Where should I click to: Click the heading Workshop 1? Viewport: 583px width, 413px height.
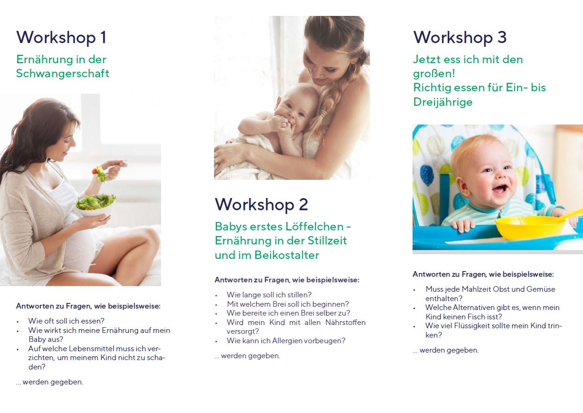click(61, 38)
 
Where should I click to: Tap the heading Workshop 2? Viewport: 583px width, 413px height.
click(261, 205)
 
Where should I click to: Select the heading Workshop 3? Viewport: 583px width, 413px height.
click(460, 38)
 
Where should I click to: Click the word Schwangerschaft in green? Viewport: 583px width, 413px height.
click(62, 74)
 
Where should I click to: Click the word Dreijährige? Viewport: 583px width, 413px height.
click(443, 102)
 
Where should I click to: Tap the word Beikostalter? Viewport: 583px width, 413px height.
click(287, 255)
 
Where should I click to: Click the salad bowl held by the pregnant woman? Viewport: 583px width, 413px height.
click(95, 205)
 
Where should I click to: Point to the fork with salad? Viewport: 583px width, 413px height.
click(109, 169)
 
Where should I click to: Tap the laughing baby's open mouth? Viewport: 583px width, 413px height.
click(500, 189)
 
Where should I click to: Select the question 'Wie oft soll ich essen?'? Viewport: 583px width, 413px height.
click(66, 321)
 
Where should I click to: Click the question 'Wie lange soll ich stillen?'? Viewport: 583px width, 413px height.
click(269, 295)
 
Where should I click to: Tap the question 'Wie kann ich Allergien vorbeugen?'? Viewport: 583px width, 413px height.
click(286, 340)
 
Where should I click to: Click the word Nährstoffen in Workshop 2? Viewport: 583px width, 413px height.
click(346, 323)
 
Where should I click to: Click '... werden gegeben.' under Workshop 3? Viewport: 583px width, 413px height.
click(446, 350)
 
